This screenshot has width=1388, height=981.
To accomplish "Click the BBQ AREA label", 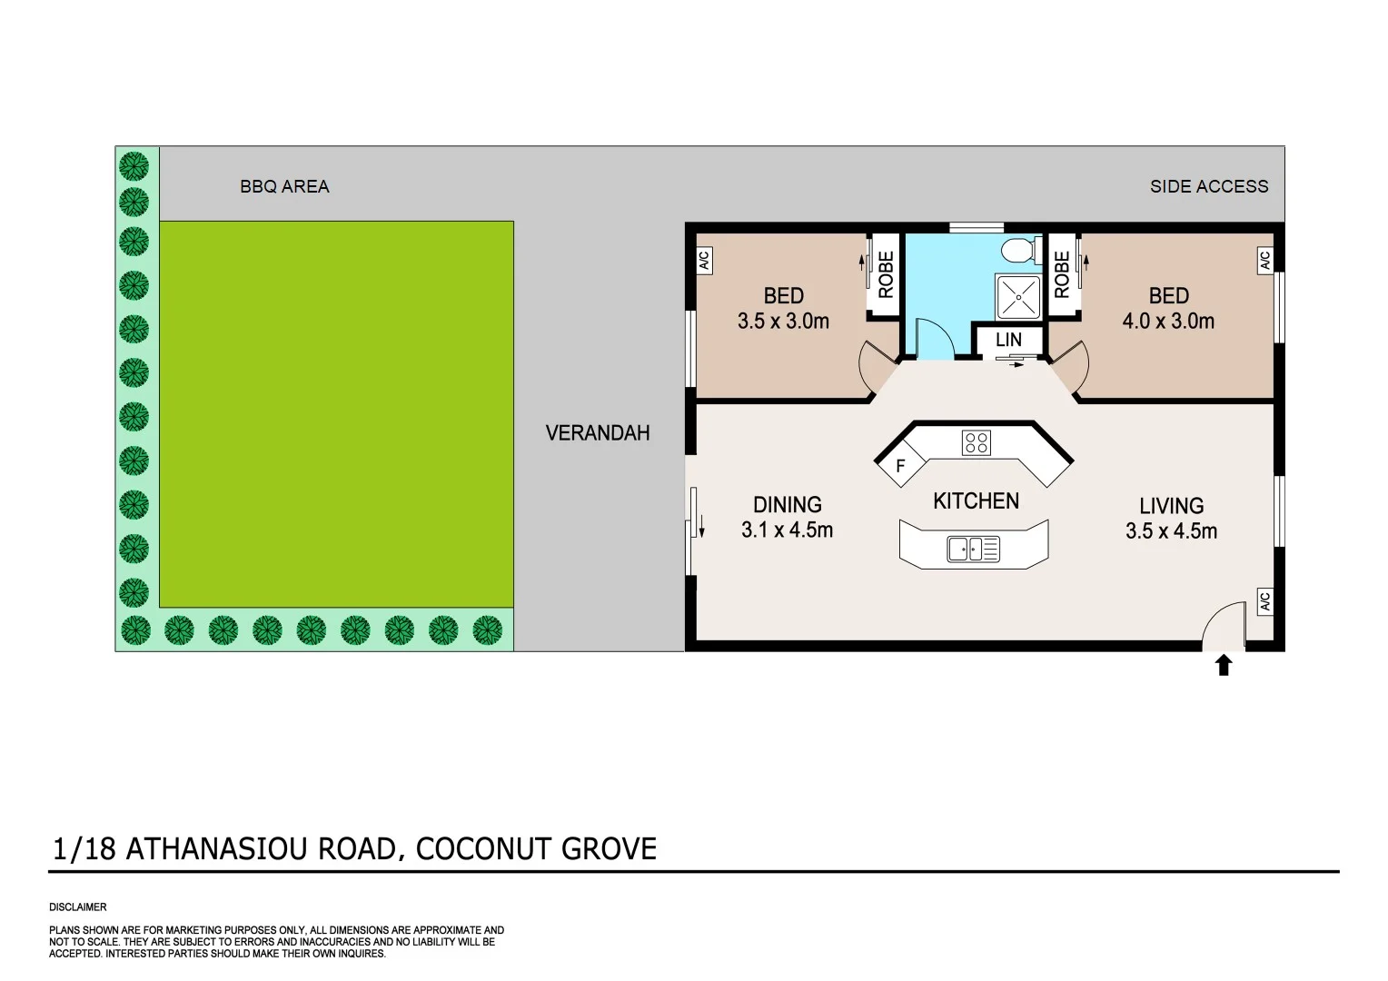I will pos(284,187).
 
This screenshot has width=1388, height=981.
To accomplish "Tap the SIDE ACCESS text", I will pos(1208,187).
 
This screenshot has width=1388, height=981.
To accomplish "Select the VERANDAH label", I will pos(598,433).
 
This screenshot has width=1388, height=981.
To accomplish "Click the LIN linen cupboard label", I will pos(1008,340).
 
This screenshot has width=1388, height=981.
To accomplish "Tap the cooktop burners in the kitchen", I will pos(977,443).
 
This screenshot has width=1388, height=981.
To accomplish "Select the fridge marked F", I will pos(899,466).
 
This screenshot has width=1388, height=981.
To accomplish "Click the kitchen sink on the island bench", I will pos(973,549).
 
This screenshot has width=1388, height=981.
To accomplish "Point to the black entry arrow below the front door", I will pos(1224,666).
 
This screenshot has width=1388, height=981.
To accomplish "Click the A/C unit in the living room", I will pos(1264,602).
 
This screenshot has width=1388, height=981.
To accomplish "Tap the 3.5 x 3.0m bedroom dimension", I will pos(783,321).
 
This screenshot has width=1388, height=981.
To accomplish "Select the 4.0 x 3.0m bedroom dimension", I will pos(1168,321).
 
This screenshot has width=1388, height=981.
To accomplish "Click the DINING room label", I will pos(788,505).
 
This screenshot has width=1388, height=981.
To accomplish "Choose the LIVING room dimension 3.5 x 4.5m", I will pos(1171,531).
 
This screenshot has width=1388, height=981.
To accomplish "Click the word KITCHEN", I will pos(976,501).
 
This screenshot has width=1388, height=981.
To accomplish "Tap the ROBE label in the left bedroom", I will pos(886,274).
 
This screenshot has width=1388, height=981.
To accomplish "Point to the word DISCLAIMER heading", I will pos(78,907).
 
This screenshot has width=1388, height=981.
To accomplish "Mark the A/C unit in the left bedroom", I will pos(703,261).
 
